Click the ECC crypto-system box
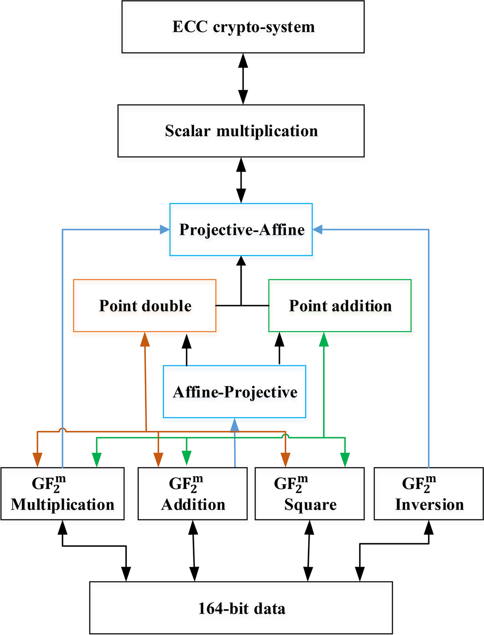click(243, 27)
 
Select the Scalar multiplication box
click(241, 131)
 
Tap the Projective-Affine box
click(241, 230)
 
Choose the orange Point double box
click(145, 306)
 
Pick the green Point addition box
click(340, 306)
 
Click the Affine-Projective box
click(234, 392)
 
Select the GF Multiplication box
click(62, 494)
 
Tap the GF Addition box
click(192, 494)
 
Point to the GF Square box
click(310, 494)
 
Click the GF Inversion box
click(429, 494)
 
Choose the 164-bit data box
click(241, 608)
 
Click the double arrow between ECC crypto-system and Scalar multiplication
click(243, 79)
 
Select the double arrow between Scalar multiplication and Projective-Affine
click(241, 180)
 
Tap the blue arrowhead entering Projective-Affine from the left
click(164, 230)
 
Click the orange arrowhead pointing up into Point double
click(144, 339)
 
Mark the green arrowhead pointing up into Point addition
click(324, 339)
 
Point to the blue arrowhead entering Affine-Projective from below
click(235, 425)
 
